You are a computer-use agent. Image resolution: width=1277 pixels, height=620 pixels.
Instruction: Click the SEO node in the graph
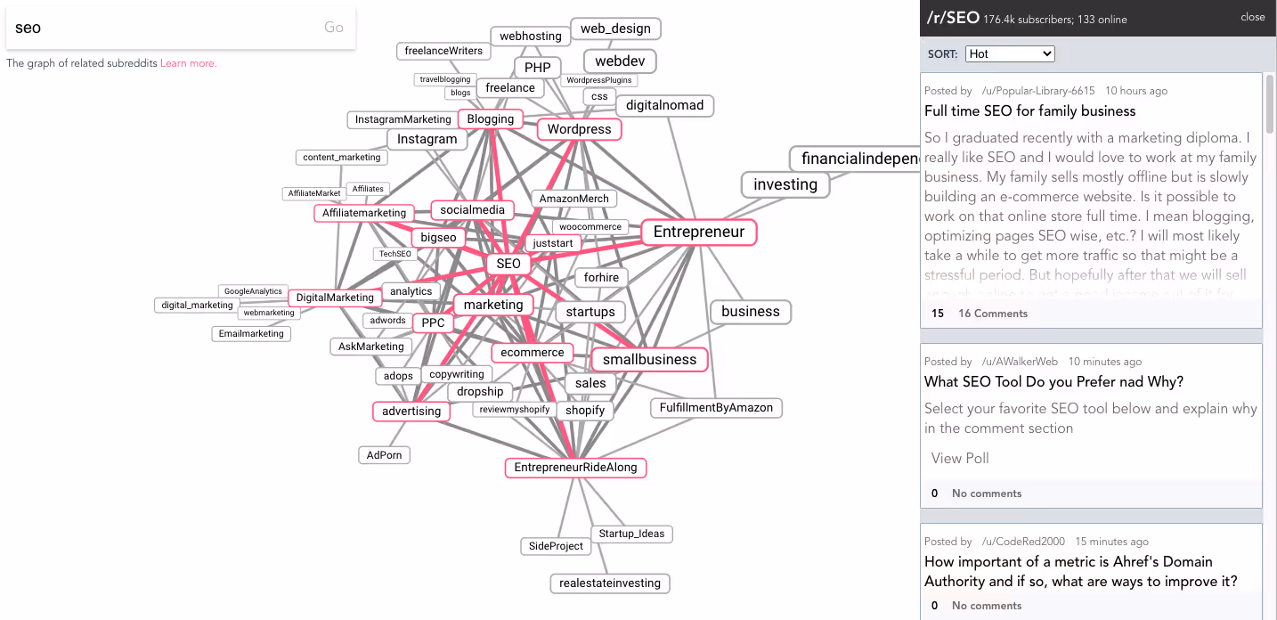pyautogui.click(x=508, y=264)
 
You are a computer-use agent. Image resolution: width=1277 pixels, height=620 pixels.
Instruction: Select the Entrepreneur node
pyautogui.click(x=698, y=232)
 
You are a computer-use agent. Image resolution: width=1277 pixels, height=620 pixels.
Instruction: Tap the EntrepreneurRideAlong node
pyautogui.click(x=575, y=468)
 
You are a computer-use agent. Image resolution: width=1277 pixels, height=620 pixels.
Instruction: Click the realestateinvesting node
pyautogui.click(x=610, y=583)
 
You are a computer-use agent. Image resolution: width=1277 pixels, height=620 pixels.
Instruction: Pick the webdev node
pyautogui.click(x=620, y=61)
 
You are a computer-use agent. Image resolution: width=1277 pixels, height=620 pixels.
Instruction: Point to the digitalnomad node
pyautogui.click(x=664, y=105)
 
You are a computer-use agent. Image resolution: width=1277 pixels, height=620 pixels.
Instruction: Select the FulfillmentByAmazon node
pyautogui.click(x=716, y=408)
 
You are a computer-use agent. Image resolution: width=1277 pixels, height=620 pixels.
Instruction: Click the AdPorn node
pyautogui.click(x=385, y=455)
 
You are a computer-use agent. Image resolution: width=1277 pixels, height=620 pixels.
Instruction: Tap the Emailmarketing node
pyautogui.click(x=251, y=334)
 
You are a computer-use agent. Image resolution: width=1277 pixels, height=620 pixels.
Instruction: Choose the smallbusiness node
pyautogui.click(x=649, y=360)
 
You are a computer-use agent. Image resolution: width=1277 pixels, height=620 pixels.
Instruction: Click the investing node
pyautogui.click(x=785, y=184)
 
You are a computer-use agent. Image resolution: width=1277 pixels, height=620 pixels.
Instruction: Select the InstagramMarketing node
pyautogui.click(x=403, y=119)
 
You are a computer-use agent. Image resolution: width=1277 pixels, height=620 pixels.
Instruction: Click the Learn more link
pyautogui.click(x=188, y=63)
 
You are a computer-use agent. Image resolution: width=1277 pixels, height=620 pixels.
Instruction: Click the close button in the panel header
pyautogui.click(x=1252, y=17)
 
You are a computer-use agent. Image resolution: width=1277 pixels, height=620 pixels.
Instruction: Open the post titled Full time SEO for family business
pyautogui.click(x=1029, y=111)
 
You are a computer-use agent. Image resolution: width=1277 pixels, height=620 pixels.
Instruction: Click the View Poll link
pyautogui.click(x=960, y=458)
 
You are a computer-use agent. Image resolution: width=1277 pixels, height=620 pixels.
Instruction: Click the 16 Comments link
pyautogui.click(x=992, y=314)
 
